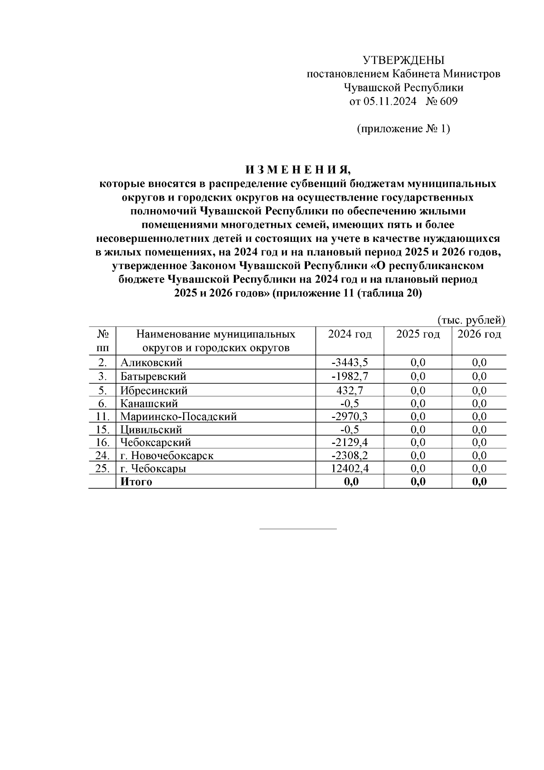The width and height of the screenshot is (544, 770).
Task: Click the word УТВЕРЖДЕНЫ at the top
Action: click(x=403, y=60)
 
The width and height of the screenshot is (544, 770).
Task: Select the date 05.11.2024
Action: click(x=389, y=101)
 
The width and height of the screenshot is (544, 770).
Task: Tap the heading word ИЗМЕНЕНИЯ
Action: click(x=298, y=170)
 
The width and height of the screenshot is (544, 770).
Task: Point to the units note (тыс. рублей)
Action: click(x=471, y=320)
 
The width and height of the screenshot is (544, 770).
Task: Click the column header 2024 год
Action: click(x=350, y=334)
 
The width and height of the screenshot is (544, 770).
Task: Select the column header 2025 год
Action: click(x=418, y=334)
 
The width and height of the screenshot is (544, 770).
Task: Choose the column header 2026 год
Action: click(x=479, y=334)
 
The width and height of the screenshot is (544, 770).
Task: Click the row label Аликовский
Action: click(x=151, y=363)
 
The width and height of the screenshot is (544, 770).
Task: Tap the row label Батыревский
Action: click(x=153, y=377)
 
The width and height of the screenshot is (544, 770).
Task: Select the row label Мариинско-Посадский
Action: click(x=179, y=417)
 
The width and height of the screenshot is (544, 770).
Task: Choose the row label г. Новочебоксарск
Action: click(x=167, y=456)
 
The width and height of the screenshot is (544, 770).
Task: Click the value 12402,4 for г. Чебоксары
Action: click(x=350, y=469)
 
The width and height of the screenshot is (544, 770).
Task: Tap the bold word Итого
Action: click(x=136, y=482)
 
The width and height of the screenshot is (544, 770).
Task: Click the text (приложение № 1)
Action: click(x=403, y=129)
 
